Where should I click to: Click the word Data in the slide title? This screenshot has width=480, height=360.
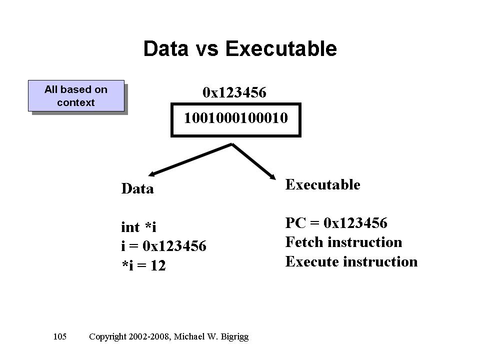[x=166, y=48]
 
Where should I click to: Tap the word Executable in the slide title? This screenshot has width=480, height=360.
[x=281, y=48]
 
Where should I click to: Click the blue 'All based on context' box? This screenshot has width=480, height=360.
[x=76, y=96]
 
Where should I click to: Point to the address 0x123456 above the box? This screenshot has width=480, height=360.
[x=234, y=92]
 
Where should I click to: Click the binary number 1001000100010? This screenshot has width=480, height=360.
[x=235, y=118]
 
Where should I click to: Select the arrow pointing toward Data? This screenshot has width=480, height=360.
[x=190, y=159]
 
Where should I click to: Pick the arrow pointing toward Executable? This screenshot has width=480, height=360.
[x=254, y=161]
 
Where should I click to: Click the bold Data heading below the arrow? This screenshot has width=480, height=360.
[x=137, y=188]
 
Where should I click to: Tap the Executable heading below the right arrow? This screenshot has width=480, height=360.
[x=322, y=184]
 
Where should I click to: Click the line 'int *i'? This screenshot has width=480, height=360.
[x=138, y=227]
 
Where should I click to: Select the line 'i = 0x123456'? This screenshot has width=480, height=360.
[x=164, y=246]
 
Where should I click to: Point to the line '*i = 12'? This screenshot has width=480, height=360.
[x=144, y=265]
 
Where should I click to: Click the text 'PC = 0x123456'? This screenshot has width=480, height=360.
[x=336, y=223]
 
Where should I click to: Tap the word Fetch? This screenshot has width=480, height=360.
[x=304, y=242]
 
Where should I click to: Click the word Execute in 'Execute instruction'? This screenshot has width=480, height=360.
[x=311, y=261]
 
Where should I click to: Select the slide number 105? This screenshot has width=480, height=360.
[x=59, y=336]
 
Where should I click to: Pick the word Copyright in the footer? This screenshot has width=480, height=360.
[x=107, y=337]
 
